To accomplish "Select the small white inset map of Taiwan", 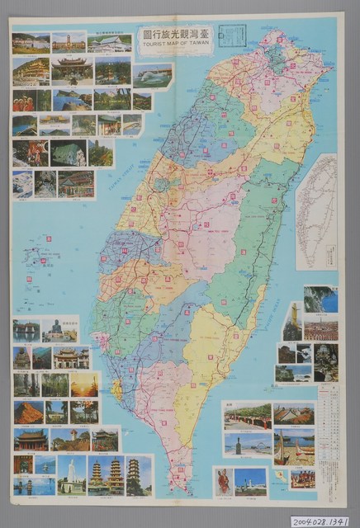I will pos(317,210).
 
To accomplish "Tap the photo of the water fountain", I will pos(153,75).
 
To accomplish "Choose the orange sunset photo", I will pos(85,384).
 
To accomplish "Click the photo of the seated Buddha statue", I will pos(60,331).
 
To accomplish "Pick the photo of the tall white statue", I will pos(72,474).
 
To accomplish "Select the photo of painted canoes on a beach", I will pos(293,445).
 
